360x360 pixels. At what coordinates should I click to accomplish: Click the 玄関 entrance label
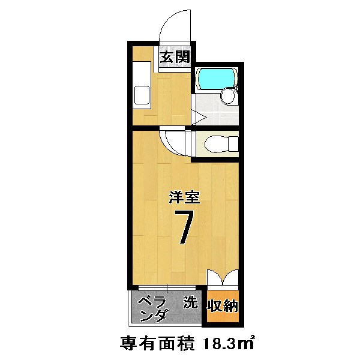(x=175, y=58)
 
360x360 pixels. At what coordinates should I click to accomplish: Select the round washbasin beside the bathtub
(x=227, y=95)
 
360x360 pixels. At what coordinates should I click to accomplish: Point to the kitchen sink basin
(x=142, y=95)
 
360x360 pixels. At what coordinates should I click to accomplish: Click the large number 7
(x=182, y=227)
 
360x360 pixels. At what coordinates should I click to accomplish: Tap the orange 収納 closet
(x=223, y=307)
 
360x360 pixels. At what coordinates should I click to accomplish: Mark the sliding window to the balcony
(x=167, y=287)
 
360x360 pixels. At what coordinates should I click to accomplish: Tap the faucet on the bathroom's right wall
(x=238, y=89)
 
